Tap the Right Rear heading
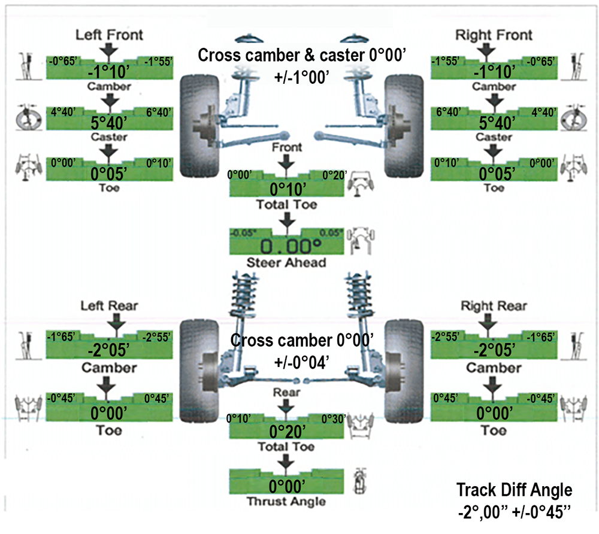(494, 306)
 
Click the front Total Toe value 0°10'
(287, 190)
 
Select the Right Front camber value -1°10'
(494, 72)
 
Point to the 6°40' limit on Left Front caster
(158, 112)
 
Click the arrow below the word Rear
(287, 407)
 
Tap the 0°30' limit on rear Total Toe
(334, 418)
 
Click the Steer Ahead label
(287, 263)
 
